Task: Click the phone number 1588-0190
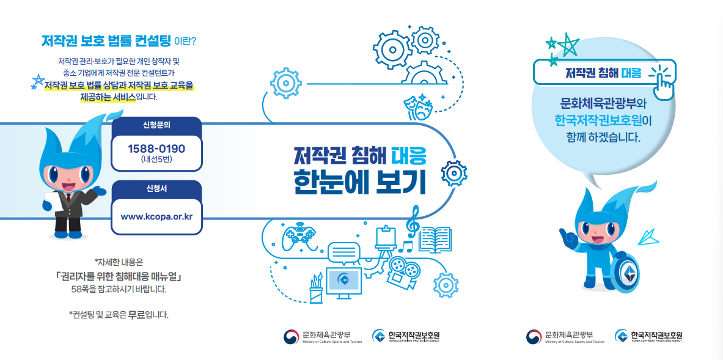pos(156,149)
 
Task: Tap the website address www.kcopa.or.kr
pos(156,216)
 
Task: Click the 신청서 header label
pos(156,189)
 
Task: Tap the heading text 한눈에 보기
pos(359,181)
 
